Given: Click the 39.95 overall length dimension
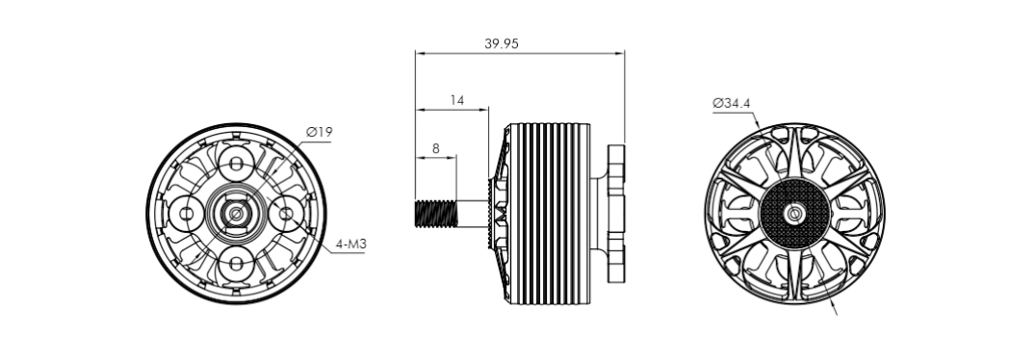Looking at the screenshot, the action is pyautogui.click(x=502, y=44).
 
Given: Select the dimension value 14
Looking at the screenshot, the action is pyautogui.click(x=456, y=100).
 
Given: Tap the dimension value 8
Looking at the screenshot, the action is pyautogui.click(x=435, y=148).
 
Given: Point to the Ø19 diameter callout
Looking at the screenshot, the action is pyautogui.click(x=319, y=132).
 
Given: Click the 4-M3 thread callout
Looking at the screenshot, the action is pyautogui.click(x=350, y=244).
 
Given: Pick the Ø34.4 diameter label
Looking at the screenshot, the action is pyautogui.click(x=732, y=103).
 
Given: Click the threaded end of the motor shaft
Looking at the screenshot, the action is pyautogui.click(x=435, y=214).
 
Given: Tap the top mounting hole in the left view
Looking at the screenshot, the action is pyautogui.click(x=236, y=162).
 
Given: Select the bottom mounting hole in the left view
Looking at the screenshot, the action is pyautogui.click(x=236, y=265).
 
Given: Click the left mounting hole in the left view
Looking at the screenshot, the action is pyautogui.click(x=187, y=214).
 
